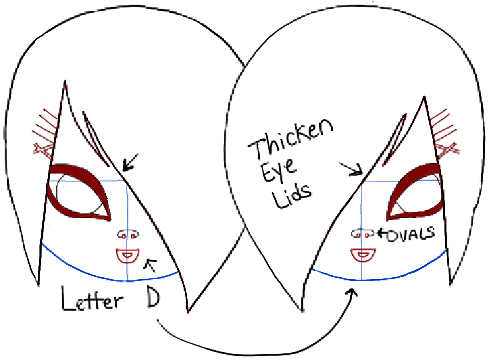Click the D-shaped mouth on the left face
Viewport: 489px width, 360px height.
(127, 255)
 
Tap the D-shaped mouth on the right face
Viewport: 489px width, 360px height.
(363, 255)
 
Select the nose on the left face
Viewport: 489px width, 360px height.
(127, 234)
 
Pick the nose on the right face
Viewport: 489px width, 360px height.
(363, 234)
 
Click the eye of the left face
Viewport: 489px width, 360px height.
(80, 193)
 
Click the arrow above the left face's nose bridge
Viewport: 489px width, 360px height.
(130, 161)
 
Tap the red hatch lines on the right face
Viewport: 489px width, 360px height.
(447, 128)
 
